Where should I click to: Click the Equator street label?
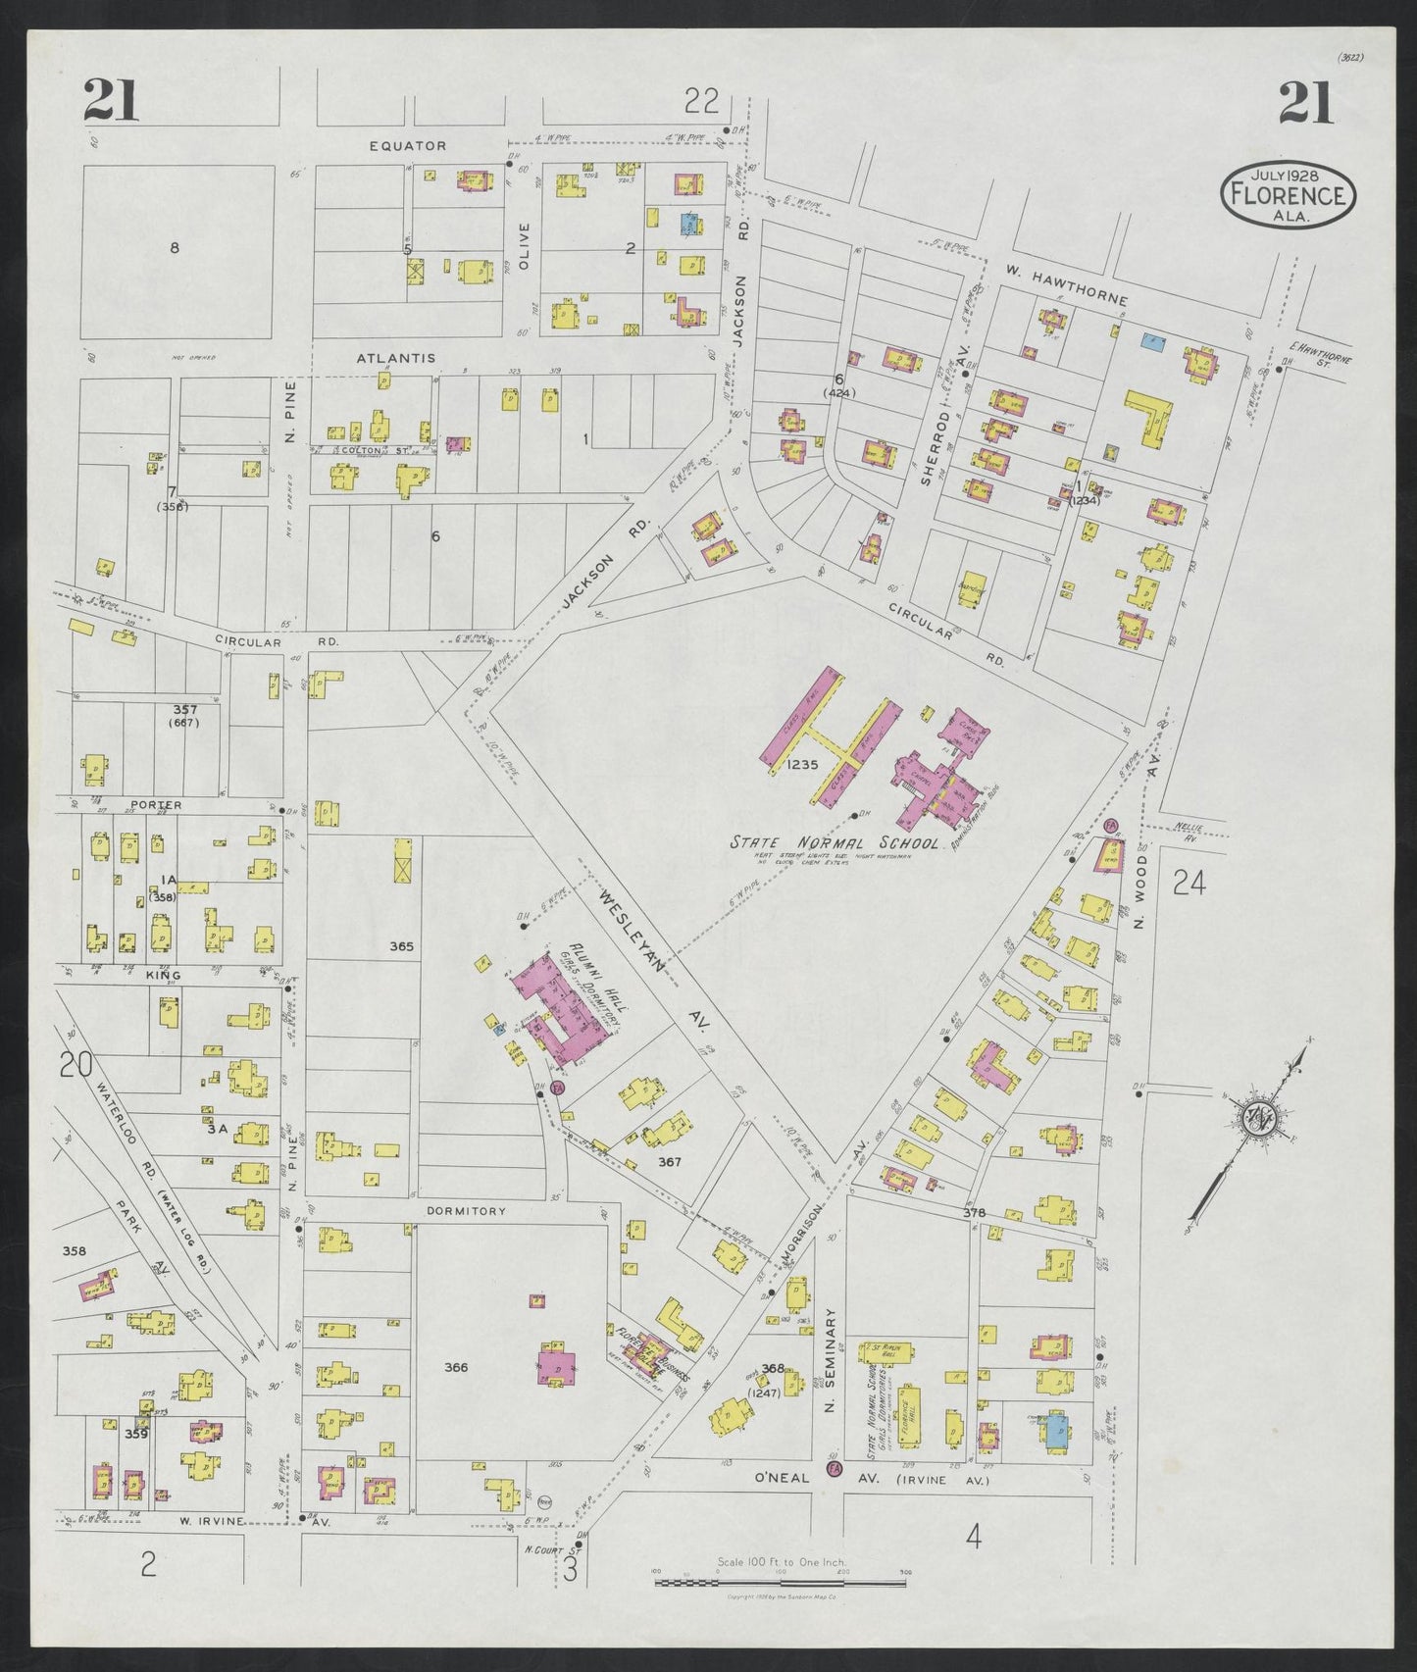[x=408, y=146]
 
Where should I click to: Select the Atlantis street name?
[x=395, y=359]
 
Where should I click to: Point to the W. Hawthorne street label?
[x=1067, y=285]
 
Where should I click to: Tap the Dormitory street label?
[x=467, y=1211]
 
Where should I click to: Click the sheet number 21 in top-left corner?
[x=111, y=102]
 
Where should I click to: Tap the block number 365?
[x=402, y=946]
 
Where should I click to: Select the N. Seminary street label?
[x=829, y=1363]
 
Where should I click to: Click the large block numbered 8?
[x=175, y=248]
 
